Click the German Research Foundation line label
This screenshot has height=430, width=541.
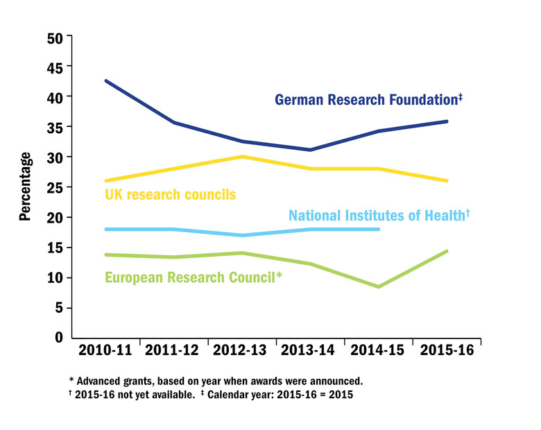368,100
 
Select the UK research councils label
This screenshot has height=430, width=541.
169,193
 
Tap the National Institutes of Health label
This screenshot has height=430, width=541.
379,215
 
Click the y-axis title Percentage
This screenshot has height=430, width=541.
25,186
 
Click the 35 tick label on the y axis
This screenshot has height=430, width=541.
55,127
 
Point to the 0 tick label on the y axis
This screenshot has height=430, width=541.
60,338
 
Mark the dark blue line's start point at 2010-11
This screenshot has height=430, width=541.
106,81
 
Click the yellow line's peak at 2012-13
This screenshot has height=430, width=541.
242,157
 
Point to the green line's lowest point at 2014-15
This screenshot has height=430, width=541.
379,286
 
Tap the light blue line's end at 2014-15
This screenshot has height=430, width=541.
379,229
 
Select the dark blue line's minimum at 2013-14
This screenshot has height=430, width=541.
310,150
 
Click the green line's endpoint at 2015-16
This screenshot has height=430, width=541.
447,251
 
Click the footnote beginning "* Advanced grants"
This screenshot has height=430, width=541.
216,381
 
